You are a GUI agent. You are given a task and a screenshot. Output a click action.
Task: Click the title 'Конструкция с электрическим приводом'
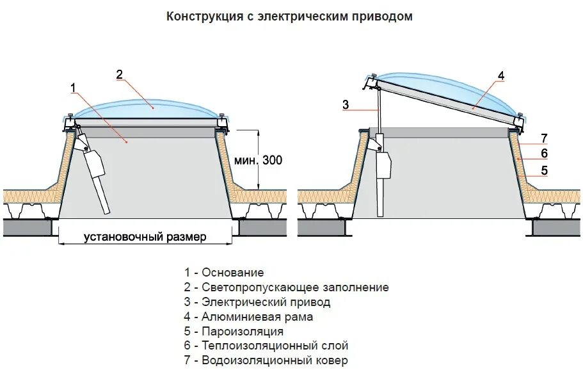[x=289, y=17]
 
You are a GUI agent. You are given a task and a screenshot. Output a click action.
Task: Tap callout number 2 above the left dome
[x=119, y=74]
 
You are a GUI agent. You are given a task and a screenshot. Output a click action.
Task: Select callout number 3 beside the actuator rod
[x=346, y=105]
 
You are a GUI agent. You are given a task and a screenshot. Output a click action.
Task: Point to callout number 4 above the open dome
[x=501, y=76]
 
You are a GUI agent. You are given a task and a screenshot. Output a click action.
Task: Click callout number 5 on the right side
[x=544, y=170]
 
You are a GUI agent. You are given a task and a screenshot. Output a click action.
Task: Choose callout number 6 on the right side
[x=544, y=154]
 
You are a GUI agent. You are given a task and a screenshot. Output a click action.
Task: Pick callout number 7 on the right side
[x=544, y=138]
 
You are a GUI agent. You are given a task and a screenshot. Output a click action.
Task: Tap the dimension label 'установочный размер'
[x=145, y=237]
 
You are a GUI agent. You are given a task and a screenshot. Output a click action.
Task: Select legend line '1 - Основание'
[x=223, y=273]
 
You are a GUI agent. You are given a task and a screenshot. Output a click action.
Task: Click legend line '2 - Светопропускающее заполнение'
[x=286, y=287]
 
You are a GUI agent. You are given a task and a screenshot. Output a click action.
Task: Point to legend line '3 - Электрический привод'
[x=257, y=302]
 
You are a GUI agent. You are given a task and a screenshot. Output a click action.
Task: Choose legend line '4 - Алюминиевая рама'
[x=248, y=317]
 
